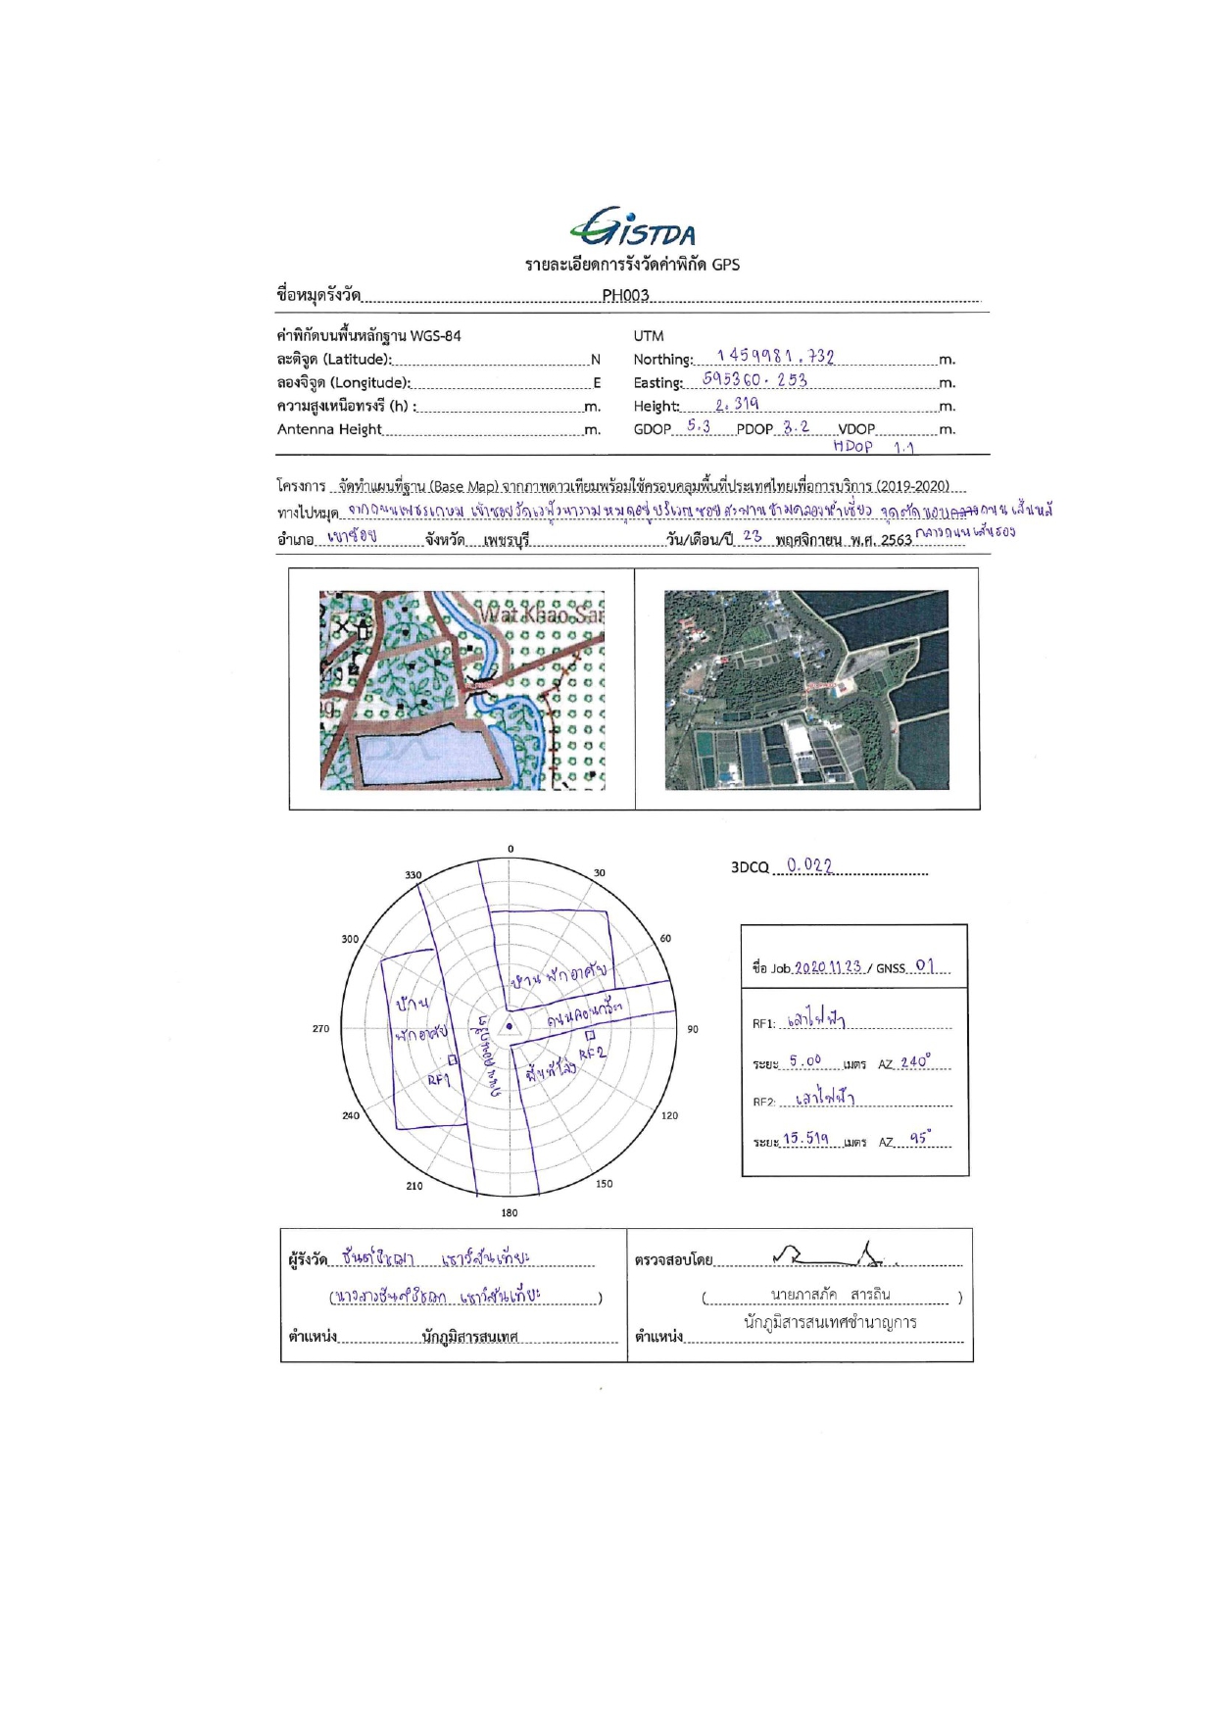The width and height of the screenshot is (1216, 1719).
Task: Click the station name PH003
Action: tap(625, 295)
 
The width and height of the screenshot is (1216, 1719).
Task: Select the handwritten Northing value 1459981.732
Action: tap(775, 356)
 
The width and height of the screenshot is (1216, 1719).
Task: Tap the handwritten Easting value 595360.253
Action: tap(754, 379)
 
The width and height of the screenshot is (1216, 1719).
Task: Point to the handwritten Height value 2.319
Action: tap(737, 404)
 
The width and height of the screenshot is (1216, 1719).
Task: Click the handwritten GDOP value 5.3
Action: tap(699, 426)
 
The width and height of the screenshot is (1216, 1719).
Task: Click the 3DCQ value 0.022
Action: tap(809, 865)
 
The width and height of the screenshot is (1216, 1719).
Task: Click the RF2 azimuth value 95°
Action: tap(919, 1139)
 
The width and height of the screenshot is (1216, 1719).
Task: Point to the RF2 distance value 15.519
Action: tap(805, 1139)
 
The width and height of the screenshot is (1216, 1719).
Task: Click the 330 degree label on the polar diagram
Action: tap(413, 875)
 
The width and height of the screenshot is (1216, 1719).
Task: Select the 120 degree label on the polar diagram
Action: tap(669, 1115)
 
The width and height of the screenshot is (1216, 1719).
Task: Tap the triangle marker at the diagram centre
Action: tap(509, 1027)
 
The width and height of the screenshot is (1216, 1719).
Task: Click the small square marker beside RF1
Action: tap(453, 1059)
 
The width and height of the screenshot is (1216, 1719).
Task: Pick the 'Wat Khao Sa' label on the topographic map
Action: tap(539, 614)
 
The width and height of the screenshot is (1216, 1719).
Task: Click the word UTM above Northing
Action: tap(649, 335)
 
